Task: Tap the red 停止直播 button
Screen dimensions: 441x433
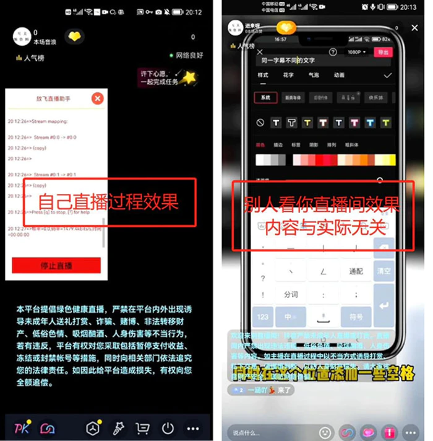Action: (x=56, y=266)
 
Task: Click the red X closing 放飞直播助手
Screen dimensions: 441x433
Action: (x=97, y=98)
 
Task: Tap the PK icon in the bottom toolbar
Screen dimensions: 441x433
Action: (x=22, y=428)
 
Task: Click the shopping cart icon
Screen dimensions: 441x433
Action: (x=143, y=428)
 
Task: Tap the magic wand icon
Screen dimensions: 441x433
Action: (x=118, y=428)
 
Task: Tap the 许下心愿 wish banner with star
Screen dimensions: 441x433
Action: (x=166, y=78)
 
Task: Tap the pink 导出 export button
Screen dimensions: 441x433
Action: (x=384, y=53)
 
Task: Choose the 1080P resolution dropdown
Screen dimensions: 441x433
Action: (x=357, y=53)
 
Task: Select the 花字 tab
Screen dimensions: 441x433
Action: (x=288, y=75)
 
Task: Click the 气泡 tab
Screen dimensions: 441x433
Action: (x=314, y=75)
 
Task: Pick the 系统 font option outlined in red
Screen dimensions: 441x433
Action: (x=265, y=97)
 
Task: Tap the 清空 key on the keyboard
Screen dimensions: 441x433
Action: (x=384, y=271)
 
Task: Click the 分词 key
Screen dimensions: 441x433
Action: (x=291, y=294)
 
